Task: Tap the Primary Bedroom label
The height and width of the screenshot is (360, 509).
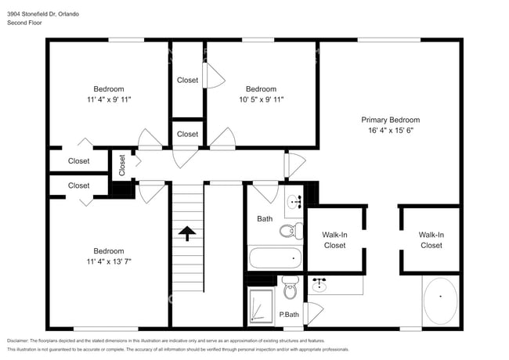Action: [x=390, y=120]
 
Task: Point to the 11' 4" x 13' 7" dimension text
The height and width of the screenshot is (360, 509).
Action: [x=109, y=261]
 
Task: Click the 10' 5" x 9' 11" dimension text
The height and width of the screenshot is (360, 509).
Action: [x=261, y=99]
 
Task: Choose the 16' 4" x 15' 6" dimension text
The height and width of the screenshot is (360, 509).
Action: [x=390, y=131]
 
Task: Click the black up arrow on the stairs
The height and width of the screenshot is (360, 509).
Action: [x=187, y=233]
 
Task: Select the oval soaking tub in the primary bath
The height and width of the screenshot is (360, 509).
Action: [x=440, y=300]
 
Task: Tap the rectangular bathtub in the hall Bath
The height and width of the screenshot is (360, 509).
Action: [x=275, y=257]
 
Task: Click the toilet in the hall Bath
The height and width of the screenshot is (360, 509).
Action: [x=290, y=229]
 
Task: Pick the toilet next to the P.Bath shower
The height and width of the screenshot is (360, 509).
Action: [x=291, y=290]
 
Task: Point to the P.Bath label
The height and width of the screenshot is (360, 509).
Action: [x=289, y=315]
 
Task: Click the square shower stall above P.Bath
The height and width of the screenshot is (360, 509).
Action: [x=262, y=306]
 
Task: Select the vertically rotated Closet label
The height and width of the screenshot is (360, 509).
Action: [x=122, y=164]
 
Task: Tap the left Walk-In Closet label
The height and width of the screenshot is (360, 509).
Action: [x=335, y=239]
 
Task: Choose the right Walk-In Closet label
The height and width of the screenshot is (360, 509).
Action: [x=431, y=239]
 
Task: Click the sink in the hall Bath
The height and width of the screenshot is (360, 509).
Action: [x=294, y=201]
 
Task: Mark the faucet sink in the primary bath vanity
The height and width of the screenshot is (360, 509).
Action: [x=319, y=285]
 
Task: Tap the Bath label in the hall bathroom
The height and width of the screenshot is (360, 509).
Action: [x=265, y=218]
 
